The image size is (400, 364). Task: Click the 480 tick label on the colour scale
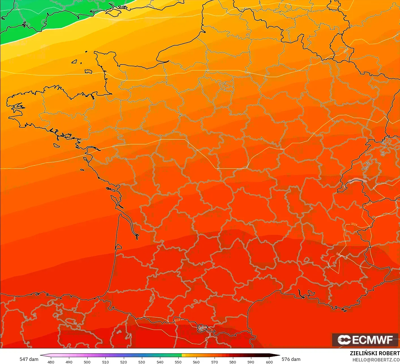pos(51,362)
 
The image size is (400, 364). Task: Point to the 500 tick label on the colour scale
pos(87,362)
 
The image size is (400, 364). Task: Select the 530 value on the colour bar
pos(142,362)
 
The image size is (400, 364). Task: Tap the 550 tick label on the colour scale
pos(178,362)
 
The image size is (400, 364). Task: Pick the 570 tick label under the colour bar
pos(215,362)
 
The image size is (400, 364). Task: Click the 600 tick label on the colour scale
pos(269,362)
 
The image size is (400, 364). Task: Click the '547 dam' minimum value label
pos(29,359)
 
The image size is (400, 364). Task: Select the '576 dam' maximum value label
pos(291,359)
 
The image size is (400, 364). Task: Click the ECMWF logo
pos(365,340)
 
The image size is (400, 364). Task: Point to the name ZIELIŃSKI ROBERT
pos(375,353)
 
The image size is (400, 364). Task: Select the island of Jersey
pos(88,71)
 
